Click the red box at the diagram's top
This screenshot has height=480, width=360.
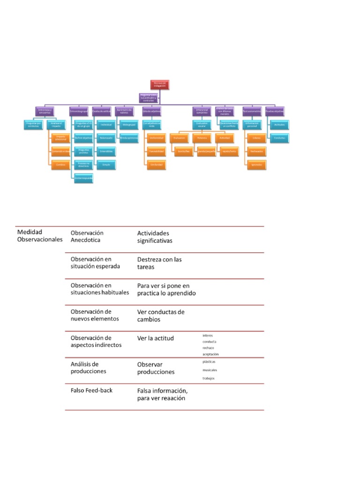point(158,84)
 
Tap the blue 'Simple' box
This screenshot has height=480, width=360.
point(106,165)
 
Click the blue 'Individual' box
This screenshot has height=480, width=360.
point(106,125)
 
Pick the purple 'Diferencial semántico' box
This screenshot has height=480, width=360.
point(202,112)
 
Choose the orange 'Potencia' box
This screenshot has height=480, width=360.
point(202,138)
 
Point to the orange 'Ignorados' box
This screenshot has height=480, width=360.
point(256,165)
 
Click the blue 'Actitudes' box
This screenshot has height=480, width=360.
point(279,125)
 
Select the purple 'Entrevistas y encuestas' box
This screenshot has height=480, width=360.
point(45,112)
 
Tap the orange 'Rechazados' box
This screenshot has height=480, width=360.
point(256,151)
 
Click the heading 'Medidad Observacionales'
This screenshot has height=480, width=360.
point(39,235)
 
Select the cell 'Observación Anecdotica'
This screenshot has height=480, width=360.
point(87,237)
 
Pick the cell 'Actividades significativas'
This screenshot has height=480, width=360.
point(155,237)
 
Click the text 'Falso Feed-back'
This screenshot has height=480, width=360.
point(91,390)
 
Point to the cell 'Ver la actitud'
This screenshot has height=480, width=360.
point(155,338)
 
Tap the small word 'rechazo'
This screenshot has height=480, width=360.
point(208,348)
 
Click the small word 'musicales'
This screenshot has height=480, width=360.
point(210,370)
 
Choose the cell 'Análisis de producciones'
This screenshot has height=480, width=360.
point(89,367)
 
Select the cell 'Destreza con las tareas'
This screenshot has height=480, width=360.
point(159,263)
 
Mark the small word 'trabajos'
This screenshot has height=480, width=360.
point(209,378)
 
